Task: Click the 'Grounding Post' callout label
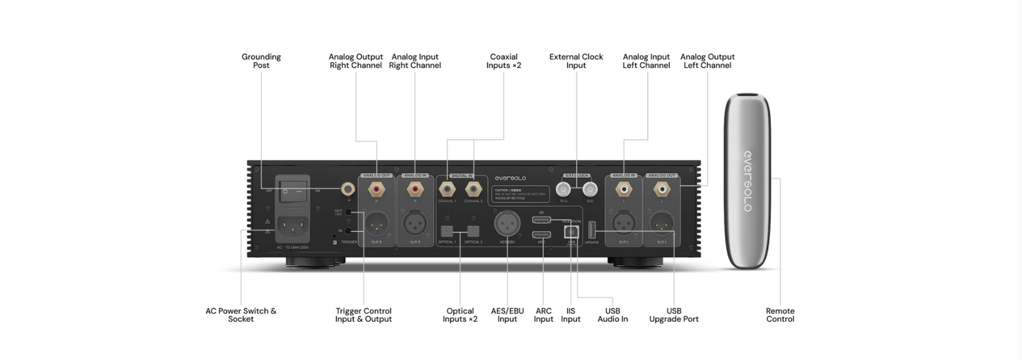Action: (x=261, y=61)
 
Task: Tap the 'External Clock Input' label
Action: (x=576, y=61)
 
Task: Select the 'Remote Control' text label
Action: (x=779, y=315)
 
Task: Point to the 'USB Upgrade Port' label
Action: (x=673, y=315)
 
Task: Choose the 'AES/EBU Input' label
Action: (x=507, y=315)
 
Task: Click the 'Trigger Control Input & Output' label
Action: (x=363, y=315)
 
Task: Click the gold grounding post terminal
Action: (x=348, y=189)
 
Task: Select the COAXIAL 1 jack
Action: (x=447, y=190)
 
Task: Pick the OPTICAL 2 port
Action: (x=473, y=231)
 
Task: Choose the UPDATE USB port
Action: (x=592, y=228)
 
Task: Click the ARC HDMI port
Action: (x=542, y=233)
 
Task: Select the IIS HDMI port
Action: (x=542, y=219)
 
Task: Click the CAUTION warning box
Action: (x=519, y=194)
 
